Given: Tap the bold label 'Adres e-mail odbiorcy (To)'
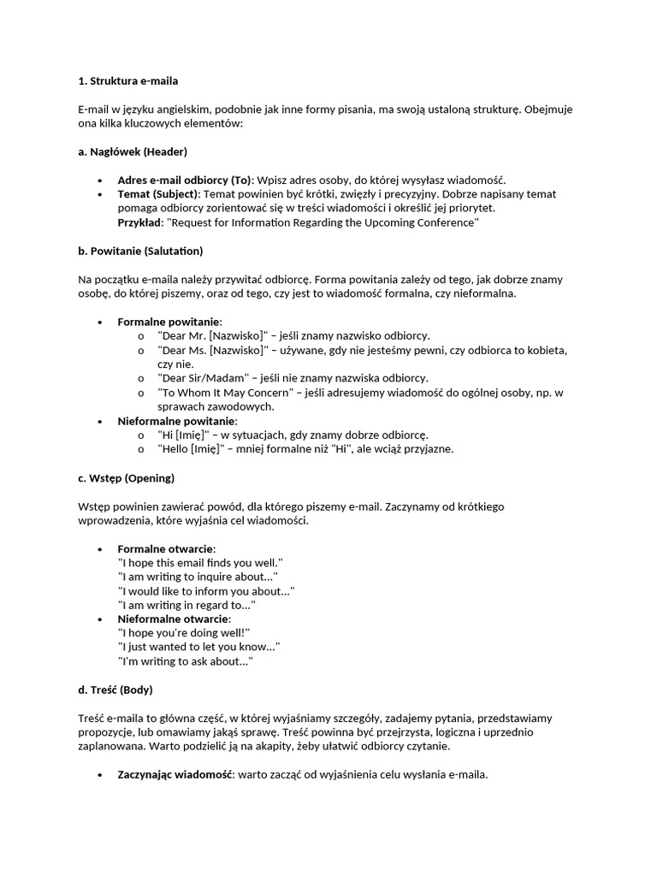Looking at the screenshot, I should [184, 180].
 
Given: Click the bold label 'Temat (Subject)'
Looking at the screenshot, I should [158, 194].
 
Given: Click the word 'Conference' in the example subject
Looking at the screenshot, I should [446, 222].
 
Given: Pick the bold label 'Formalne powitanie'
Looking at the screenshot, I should [169, 322].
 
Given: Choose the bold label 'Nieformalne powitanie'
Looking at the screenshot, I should [176, 421].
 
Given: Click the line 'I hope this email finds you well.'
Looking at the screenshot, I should [200, 562].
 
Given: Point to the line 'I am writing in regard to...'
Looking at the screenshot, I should [186, 605].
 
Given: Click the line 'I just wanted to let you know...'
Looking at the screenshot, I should [198, 647].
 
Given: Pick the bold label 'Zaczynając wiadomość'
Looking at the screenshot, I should [175, 774].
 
